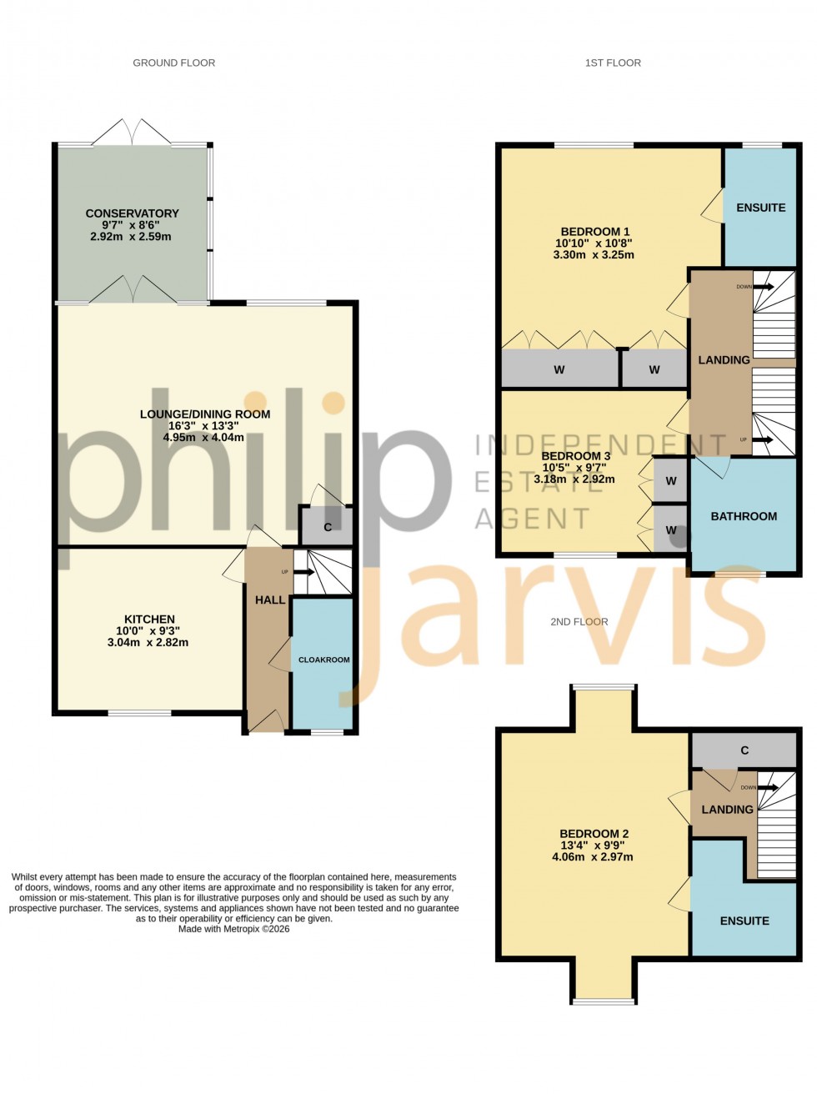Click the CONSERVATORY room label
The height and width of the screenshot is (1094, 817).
point(132,213)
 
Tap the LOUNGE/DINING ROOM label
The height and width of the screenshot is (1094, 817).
point(204,414)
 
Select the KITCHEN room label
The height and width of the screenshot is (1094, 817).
point(149,620)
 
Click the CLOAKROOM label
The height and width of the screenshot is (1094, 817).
point(323,660)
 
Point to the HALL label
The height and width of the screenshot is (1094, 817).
point(269,600)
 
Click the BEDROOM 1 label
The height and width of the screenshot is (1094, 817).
point(594,232)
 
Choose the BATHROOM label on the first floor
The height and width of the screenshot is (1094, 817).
point(743,517)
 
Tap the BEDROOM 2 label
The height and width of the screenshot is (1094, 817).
point(594,834)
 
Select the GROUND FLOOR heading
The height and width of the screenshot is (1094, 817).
point(173,63)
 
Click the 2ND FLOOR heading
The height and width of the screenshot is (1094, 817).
point(579,622)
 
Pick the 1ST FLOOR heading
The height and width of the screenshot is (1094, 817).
point(612,63)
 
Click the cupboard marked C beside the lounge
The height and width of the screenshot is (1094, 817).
point(327,527)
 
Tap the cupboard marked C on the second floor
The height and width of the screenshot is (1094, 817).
point(744,750)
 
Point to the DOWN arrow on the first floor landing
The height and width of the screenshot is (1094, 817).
point(762,287)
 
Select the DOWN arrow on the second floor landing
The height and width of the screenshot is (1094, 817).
point(766,787)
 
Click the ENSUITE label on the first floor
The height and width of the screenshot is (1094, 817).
point(760,208)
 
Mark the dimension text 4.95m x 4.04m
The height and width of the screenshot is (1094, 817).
point(203,438)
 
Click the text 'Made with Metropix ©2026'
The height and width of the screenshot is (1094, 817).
point(233,929)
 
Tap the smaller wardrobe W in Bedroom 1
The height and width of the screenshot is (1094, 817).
point(654,370)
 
